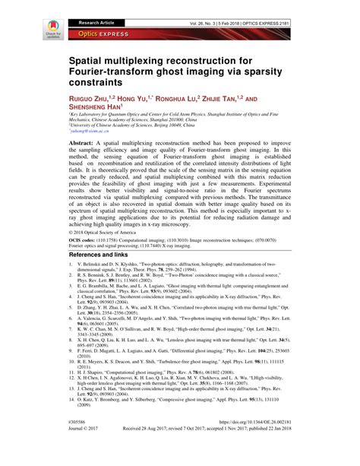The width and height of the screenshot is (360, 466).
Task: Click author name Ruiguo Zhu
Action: (x=93, y=99)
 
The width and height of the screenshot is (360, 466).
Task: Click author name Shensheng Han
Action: (x=101, y=108)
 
